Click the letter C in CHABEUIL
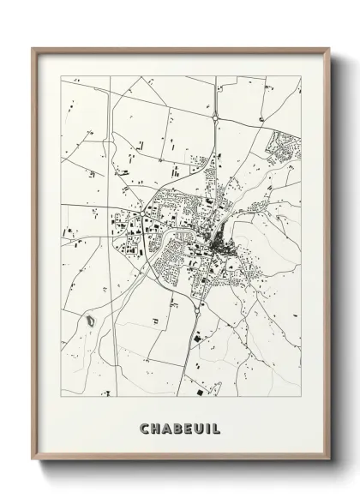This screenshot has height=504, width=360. point(143,427)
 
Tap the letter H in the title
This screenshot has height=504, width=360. point(154,427)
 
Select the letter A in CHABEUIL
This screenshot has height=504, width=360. point(166,427)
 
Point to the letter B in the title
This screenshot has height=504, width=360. point(177,427)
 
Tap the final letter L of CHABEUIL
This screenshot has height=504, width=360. point(217,427)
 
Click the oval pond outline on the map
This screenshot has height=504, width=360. point(88,322)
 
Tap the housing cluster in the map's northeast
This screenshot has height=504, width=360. point(283,148)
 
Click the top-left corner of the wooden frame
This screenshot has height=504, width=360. point(33,48)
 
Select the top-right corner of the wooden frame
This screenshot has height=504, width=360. point(330,48)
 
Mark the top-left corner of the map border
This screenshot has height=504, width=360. point(61,75)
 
